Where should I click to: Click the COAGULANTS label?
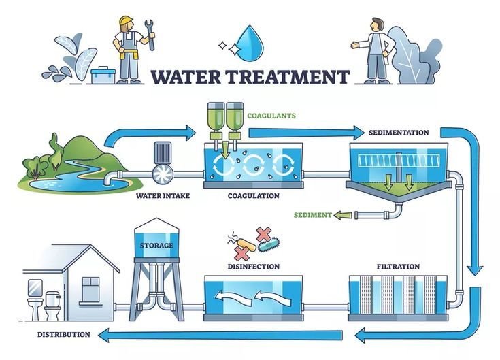[x=272, y=116]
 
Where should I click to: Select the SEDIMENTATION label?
[x=398, y=132]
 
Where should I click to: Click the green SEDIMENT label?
[x=312, y=215]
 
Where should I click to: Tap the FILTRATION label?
[x=398, y=266]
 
